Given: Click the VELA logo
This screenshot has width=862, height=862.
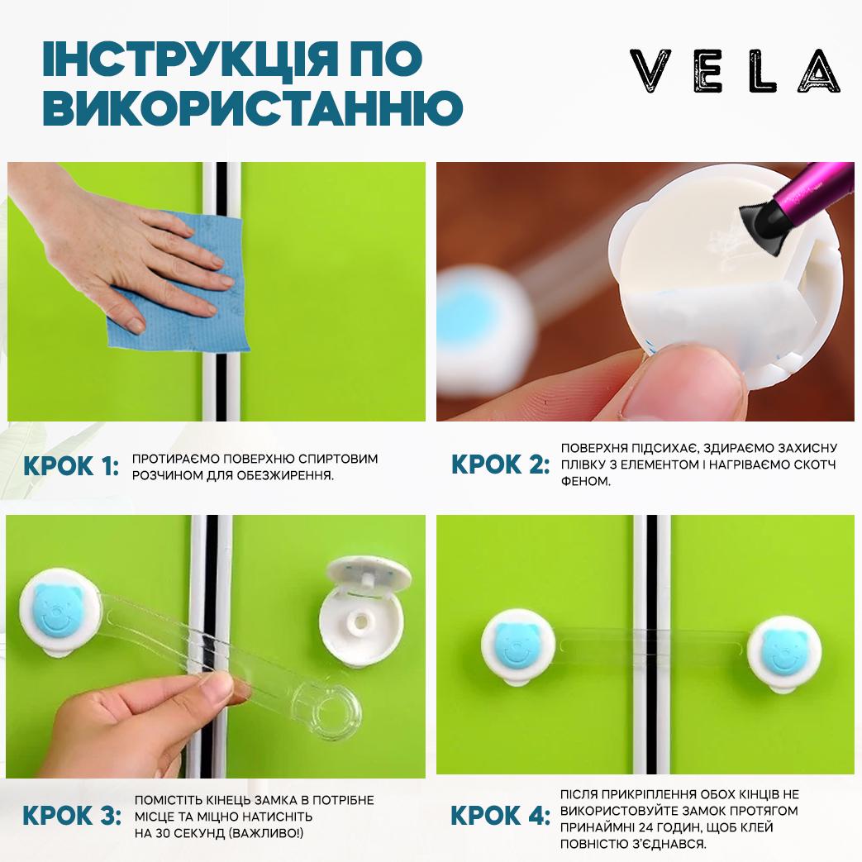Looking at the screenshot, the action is click(x=735, y=71).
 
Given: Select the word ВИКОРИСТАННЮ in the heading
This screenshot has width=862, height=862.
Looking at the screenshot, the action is click(x=253, y=107).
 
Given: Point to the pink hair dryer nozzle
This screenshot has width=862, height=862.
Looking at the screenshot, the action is click(x=798, y=203).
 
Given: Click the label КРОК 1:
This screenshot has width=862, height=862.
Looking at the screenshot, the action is click(x=71, y=466).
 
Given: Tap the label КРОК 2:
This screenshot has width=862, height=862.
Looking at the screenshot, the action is click(x=500, y=464).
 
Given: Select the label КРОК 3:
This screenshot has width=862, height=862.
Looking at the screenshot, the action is click(x=71, y=815).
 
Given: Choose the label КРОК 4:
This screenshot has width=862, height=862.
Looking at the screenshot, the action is click(x=500, y=815).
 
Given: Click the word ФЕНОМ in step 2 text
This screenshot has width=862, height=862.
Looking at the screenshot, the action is click(x=586, y=481).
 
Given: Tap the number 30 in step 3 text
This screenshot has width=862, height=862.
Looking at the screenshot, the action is click(x=164, y=833).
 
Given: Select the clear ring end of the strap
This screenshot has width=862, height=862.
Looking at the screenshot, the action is click(x=326, y=711).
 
